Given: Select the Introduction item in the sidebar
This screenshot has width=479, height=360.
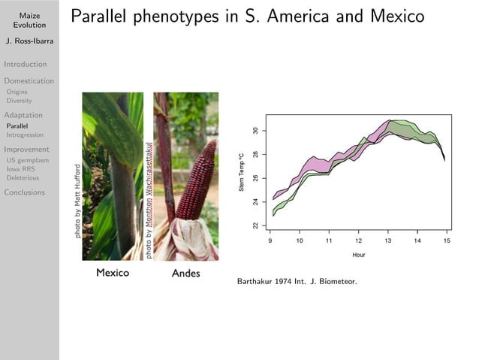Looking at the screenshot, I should coord(25,65).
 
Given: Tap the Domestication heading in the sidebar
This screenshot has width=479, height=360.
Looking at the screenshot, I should coord(29,81).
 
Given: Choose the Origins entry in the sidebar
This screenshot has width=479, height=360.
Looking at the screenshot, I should coord(17,92).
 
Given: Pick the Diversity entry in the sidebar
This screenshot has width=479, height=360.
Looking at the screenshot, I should coord(20,100).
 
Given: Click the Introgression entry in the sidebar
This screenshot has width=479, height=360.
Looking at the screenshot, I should coord(25,135).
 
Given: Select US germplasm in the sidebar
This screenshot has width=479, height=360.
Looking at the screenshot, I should coord(27,160).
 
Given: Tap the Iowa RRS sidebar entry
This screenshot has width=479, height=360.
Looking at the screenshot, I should coord(21,169).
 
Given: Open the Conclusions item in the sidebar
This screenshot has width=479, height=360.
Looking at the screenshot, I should coord(24,192).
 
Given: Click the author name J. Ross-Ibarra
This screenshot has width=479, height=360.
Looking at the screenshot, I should coord(29,41).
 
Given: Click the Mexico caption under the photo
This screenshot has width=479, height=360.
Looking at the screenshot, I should coord(113,272).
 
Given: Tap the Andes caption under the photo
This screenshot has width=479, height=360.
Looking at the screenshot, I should coord(185,273).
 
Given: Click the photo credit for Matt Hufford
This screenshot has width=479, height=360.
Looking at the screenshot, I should coord(77,201).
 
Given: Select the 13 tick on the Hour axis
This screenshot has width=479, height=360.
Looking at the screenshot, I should coord(387,241).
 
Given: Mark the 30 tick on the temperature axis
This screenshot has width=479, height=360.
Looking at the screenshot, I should coord(255,131).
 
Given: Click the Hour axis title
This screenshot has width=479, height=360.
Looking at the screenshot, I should coord(359,255).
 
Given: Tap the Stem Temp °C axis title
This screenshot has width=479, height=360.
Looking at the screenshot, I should coord(242,172).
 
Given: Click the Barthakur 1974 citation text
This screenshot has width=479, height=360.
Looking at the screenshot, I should coord(297,283).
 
